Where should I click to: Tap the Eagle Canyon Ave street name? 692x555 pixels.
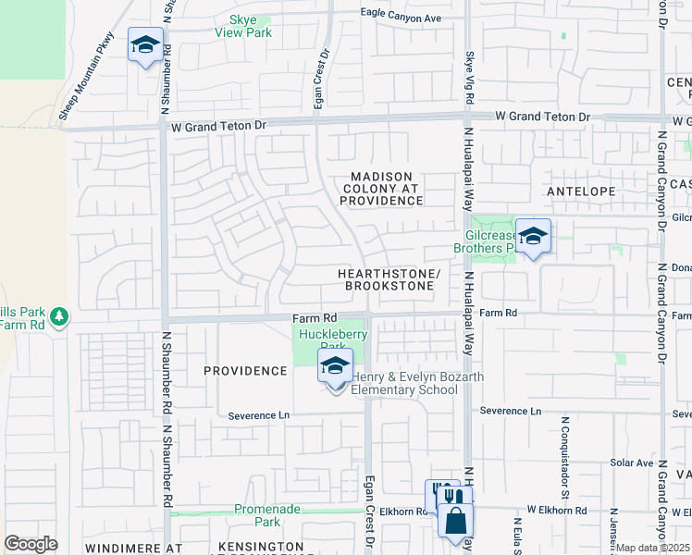tap(401, 18)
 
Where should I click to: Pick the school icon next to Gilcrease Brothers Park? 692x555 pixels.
tap(533, 237)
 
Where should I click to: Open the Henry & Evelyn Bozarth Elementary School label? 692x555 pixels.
tap(404, 383)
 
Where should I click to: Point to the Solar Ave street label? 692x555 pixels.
tap(631, 462)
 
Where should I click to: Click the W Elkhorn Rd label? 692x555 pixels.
tap(557, 510)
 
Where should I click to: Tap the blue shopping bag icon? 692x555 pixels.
tap(455, 522)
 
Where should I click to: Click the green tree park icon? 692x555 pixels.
tap(59, 316)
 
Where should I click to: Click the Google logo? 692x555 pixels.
tap(31, 543)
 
